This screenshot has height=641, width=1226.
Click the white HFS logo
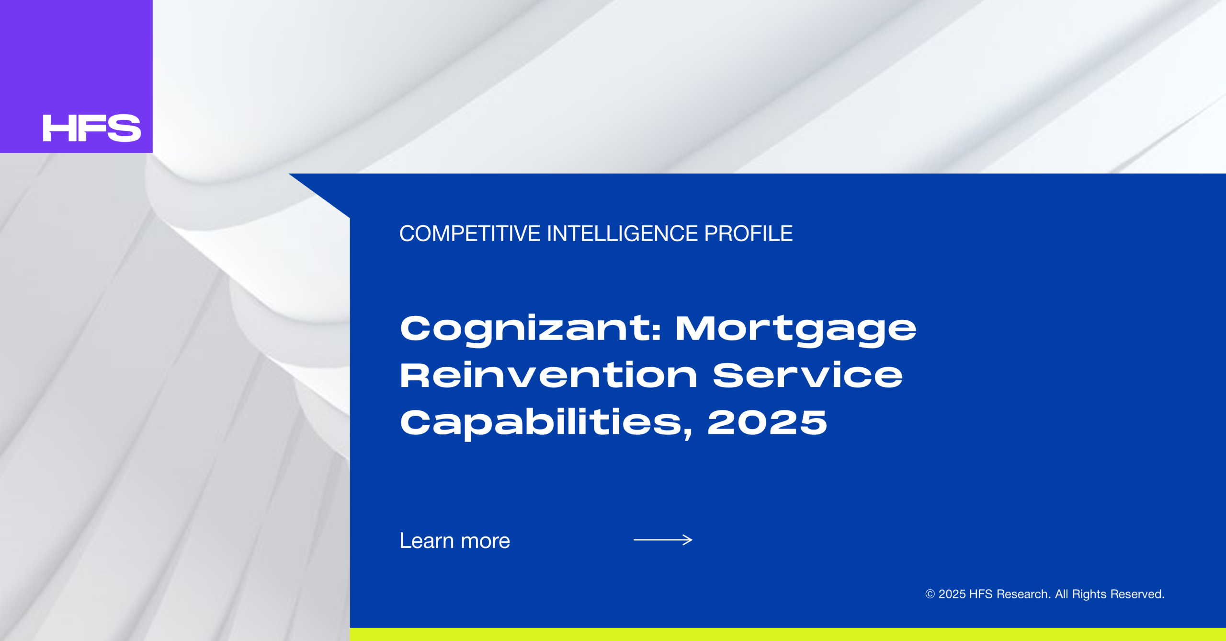click(92, 128)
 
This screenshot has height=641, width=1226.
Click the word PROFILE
click(748, 234)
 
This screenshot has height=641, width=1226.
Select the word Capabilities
click(546, 423)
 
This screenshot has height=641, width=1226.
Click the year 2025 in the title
click(767, 422)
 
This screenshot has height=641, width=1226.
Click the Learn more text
click(454, 540)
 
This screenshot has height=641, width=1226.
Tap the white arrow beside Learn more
click(663, 540)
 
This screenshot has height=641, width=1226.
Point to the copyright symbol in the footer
click(930, 594)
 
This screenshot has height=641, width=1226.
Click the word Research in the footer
click(1023, 594)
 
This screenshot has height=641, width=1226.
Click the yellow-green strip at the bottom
click(788, 634)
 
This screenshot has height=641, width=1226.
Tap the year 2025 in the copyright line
click(952, 594)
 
